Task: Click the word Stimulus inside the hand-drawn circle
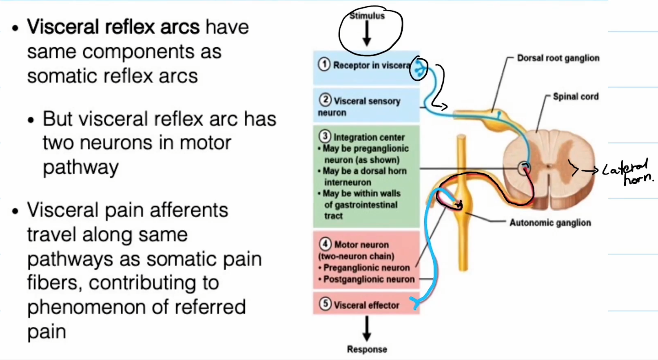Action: (x=367, y=16)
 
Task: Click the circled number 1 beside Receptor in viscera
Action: (x=324, y=64)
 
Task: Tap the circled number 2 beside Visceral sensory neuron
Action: (x=325, y=100)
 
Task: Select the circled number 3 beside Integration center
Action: (x=325, y=136)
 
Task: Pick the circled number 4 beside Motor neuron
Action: (x=325, y=244)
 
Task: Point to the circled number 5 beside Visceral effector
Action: (x=325, y=304)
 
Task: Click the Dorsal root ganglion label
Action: (x=558, y=58)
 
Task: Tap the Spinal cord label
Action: (x=575, y=97)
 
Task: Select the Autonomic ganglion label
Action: (x=549, y=223)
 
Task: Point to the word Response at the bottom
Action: (x=367, y=349)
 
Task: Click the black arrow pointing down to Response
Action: (x=367, y=329)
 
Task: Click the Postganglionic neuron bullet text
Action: (x=368, y=279)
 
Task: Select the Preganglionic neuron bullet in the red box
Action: (x=366, y=268)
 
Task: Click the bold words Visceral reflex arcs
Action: (x=113, y=27)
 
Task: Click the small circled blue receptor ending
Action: (x=419, y=69)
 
